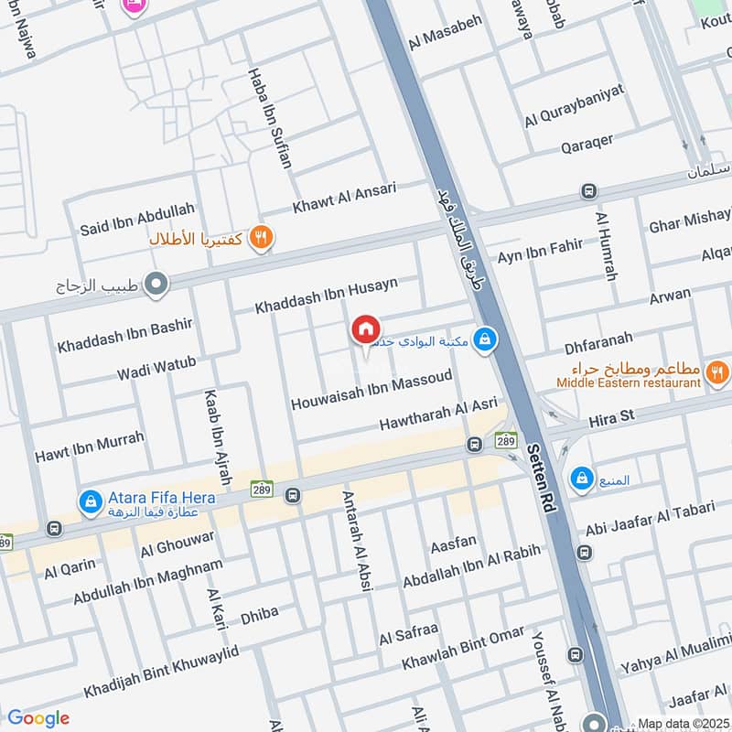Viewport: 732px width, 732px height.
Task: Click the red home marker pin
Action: [x=365, y=329]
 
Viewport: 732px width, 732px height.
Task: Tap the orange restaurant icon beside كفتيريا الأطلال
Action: [x=262, y=237]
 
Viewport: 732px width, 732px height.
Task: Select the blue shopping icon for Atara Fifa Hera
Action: [x=90, y=501]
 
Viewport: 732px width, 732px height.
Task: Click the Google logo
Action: [x=38, y=718]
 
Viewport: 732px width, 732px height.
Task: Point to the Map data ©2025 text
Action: [x=682, y=723]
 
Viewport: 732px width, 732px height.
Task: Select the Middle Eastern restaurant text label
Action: [x=628, y=383]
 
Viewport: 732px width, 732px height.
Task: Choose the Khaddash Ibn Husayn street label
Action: [x=327, y=295]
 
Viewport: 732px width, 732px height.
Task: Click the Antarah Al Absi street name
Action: [x=356, y=541]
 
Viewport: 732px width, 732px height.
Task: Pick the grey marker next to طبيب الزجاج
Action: [x=157, y=285]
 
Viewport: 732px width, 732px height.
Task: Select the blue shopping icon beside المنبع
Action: [x=580, y=478]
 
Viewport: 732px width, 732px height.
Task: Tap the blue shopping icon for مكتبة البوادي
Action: [x=486, y=340]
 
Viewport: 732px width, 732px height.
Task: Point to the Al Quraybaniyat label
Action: [x=574, y=104]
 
